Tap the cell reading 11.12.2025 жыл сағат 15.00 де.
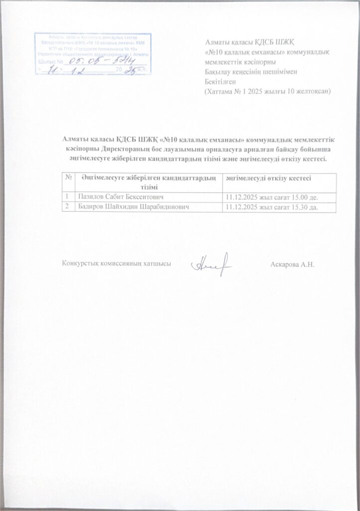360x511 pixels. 271,197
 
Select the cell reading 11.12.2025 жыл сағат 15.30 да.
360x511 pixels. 271,206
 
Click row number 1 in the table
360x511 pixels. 66,197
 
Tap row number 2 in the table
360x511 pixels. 66,206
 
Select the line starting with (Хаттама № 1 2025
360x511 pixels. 268,92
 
